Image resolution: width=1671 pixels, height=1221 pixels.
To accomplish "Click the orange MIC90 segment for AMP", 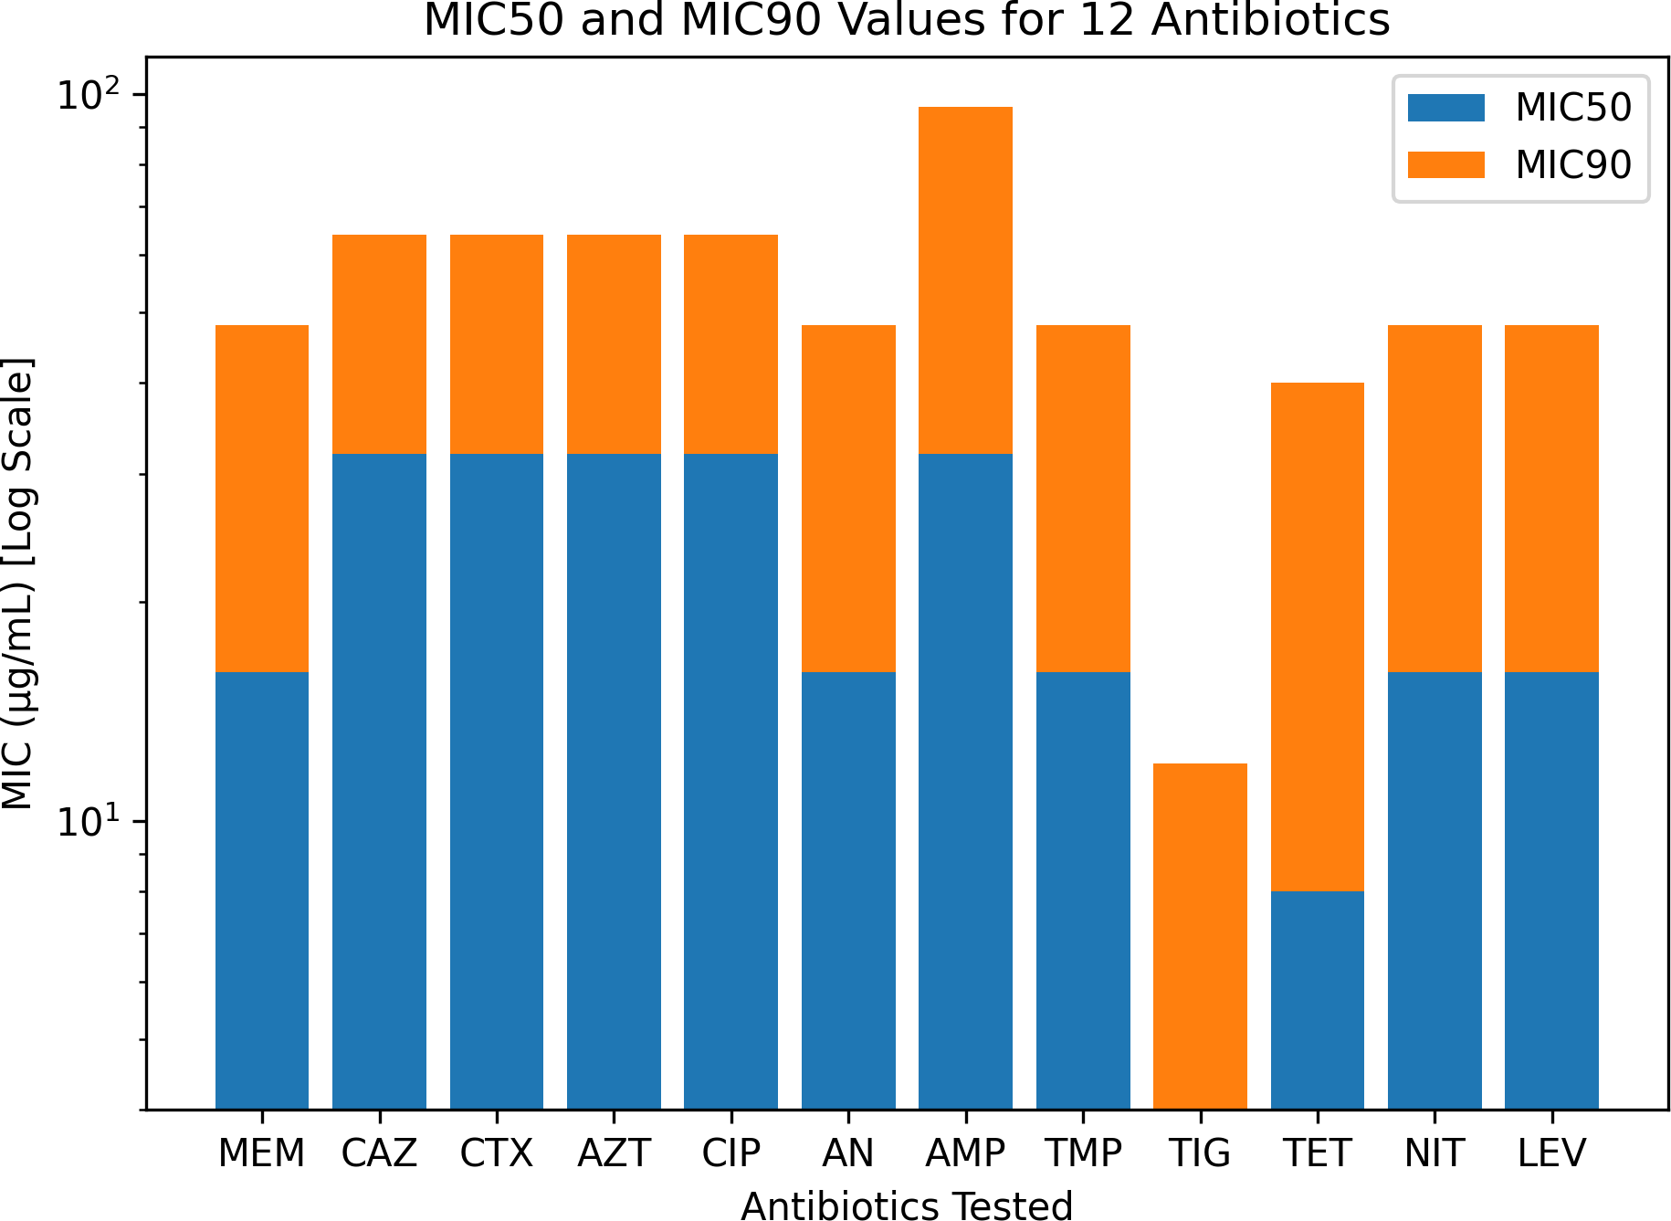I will (x=965, y=279).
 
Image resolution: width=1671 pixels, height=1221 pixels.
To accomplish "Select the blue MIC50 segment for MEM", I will (x=262, y=890).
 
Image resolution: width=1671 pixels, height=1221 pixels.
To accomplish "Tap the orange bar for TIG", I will (x=1200, y=936).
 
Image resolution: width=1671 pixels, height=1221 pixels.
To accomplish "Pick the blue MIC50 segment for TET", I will (x=1317, y=1000).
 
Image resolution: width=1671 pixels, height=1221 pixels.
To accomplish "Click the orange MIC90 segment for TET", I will (x=1317, y=637).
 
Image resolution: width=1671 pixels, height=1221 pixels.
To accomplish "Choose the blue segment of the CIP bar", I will (x=730, y=781).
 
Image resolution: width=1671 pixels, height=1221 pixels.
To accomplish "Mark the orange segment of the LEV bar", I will (x=1551, y=498).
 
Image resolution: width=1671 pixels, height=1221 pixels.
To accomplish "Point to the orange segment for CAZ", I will (x=379, y=343).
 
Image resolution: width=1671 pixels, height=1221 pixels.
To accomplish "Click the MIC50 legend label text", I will (x=1572, y=108).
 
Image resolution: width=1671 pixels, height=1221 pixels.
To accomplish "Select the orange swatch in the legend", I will (x=1445, y=164).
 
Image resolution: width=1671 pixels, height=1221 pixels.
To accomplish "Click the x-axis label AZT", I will (x=614, y=1153).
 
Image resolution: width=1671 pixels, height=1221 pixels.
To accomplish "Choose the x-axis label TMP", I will (x=1082, y=1153).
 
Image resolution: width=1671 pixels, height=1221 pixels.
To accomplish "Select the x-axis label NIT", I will (x=1434, y=1153).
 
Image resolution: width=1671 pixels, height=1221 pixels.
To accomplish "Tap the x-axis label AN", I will (x=848, y=1153).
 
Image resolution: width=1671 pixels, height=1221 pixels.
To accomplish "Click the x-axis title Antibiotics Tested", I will (x=906, y=1205).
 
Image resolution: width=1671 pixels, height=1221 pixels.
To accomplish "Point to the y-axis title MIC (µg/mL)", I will (x=18, y=584).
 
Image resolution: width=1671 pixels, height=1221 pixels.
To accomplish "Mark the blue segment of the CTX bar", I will (x=496, y=781).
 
